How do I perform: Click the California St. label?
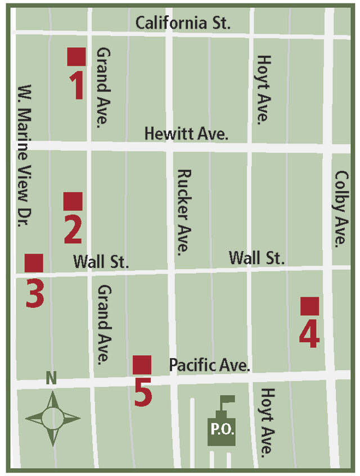click(183, 24)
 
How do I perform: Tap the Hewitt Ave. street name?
click(186, 134)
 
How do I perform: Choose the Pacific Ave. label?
click(209, 365)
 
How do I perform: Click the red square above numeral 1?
click(76, 57)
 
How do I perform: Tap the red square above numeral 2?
click(73, 201)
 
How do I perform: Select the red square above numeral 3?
click(34, 263)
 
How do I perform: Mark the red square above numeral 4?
click(310, 306)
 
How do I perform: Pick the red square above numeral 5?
click(142, 365)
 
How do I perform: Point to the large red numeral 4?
click(309, 333)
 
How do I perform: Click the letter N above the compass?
click(51, 379)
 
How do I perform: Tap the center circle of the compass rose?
click(52, 418)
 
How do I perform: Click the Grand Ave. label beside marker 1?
click(103, 87)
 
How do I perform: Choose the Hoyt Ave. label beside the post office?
click(267, 421)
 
